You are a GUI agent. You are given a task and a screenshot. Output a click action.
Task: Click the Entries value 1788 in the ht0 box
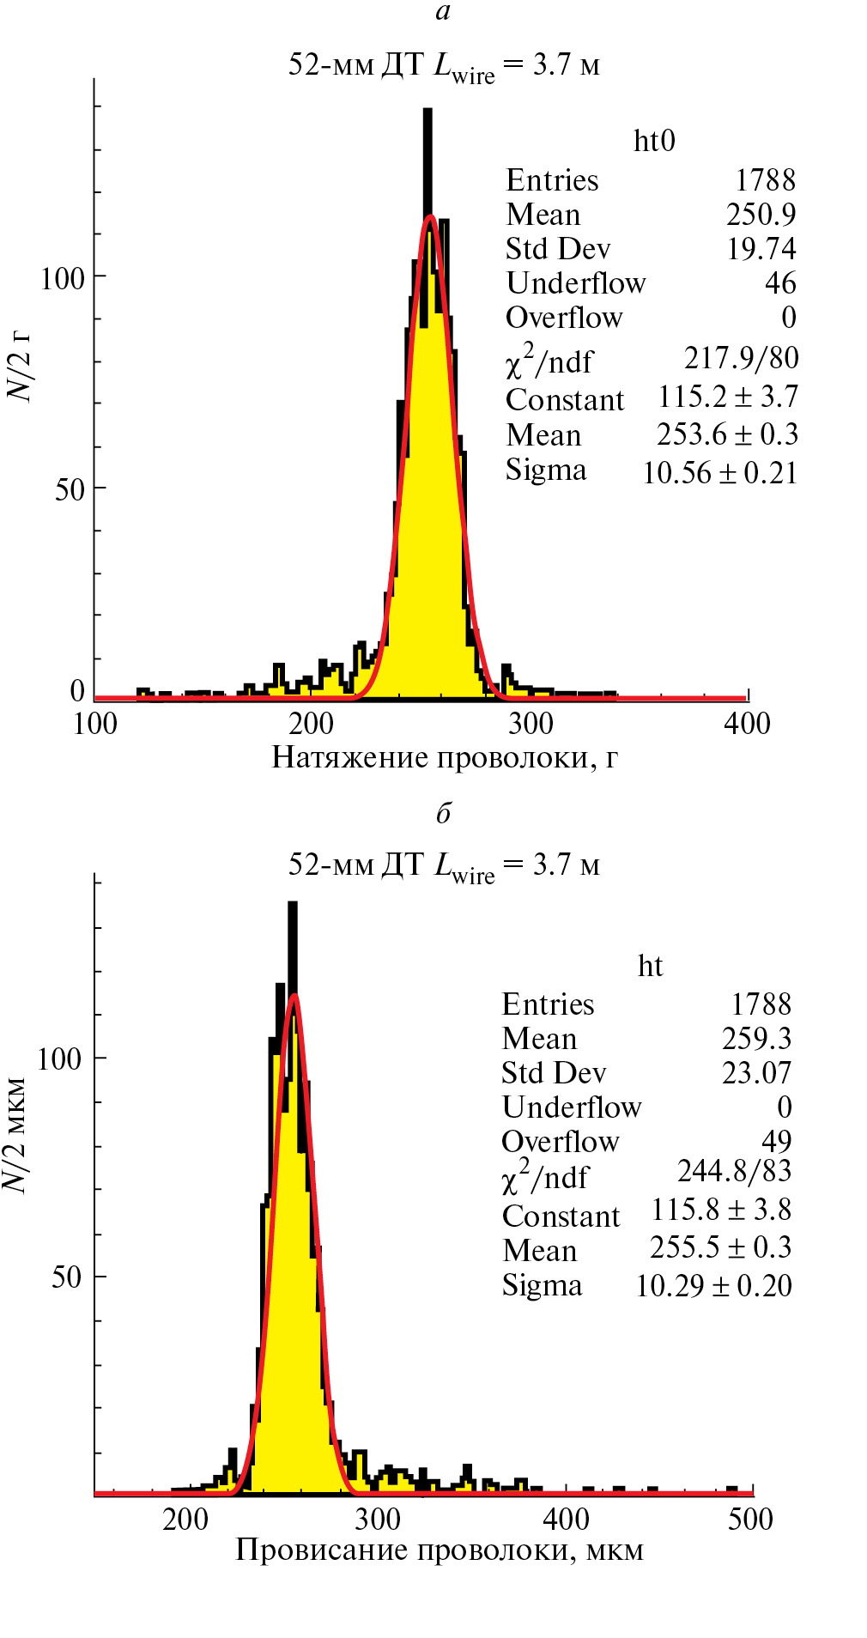(x=765, y=180)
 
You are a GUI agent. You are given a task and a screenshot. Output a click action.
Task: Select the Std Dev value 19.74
(x=761, y=249)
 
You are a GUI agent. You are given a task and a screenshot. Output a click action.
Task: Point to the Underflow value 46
(x=779, y=283)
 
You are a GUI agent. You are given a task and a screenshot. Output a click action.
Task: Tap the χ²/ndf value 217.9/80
(x=741, y=358)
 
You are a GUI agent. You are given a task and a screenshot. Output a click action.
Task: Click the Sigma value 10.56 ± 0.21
(x=719, y=472)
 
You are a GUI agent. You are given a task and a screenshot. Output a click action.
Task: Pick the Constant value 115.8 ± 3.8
(x=720, y=1210)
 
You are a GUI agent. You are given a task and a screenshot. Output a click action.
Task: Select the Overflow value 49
(x=776, y=1141)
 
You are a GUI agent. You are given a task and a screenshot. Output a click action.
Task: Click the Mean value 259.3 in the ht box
(x=756, y=1039)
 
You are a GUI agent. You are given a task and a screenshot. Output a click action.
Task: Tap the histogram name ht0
(x=654, y=141)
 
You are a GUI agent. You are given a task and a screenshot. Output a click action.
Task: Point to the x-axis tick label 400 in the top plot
(x=747, y=724)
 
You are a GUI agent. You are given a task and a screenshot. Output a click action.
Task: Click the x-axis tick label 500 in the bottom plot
(x=750, y=1520)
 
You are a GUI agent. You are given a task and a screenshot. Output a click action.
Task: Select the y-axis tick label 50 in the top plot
(x=70, y=490)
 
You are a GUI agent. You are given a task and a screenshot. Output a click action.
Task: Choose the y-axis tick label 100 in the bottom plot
(x=59, y=1059)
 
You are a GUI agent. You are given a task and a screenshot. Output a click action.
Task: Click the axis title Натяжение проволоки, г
(x=445, y=758)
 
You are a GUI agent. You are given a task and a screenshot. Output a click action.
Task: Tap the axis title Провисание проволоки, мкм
(x=440, y=1550)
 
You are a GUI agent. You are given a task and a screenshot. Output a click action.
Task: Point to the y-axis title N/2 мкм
(x=15, y=1133)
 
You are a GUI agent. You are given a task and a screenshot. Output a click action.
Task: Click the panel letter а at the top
(x=443, y=11)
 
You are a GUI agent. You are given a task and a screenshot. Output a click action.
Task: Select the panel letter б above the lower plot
(x=443, y=812)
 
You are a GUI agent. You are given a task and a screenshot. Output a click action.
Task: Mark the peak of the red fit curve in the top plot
(x=430, y=216)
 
